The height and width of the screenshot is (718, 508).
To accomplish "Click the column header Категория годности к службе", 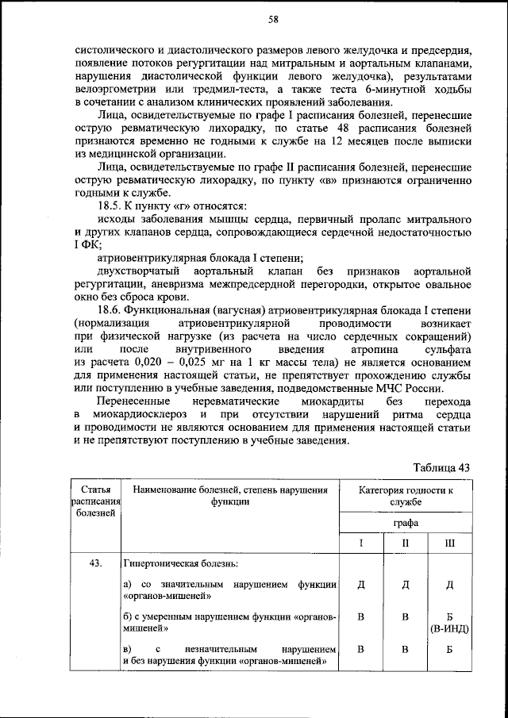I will [406, 496].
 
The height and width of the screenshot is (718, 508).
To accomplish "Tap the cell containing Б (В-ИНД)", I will [449, 624].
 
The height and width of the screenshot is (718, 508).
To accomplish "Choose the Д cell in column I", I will [361, 585].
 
